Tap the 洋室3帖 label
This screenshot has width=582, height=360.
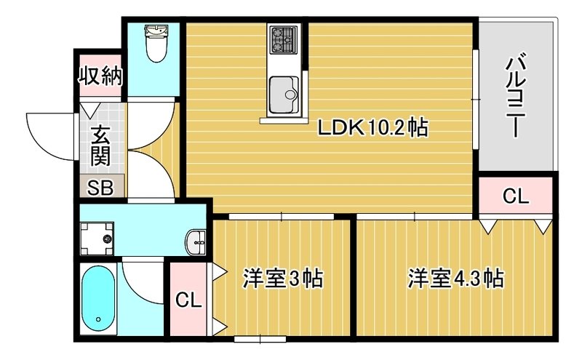(x=282, y=278)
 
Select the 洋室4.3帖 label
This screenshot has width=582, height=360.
(x=455, y=278)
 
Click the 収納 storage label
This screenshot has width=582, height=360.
(x=100, y=76)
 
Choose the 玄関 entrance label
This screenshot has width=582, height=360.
(x=100, y=145)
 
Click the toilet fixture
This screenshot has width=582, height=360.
(x=154, y=44)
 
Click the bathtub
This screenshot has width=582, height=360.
(x=98, y=299)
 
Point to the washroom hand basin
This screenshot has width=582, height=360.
(x=196, y=241)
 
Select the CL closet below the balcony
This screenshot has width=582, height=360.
(x=517, y=196)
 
